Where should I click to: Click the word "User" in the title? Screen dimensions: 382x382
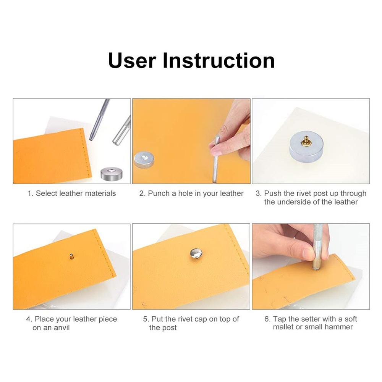coord(132,60)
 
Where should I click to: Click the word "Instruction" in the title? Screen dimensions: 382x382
coord(219,60)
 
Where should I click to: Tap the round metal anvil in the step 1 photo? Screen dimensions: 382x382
coord(112,174)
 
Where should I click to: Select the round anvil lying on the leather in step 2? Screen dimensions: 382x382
coord(144,160)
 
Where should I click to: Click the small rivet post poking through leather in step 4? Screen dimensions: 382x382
coord(71,256)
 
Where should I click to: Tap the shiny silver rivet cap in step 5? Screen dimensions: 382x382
coord(196,253)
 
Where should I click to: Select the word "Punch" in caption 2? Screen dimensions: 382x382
coord(159,193)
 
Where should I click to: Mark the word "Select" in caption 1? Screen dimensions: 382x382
coord(47,193)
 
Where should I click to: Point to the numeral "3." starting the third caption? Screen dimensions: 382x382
coord(259,193)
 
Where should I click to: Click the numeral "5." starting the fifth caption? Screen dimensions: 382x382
coord(146,319)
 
